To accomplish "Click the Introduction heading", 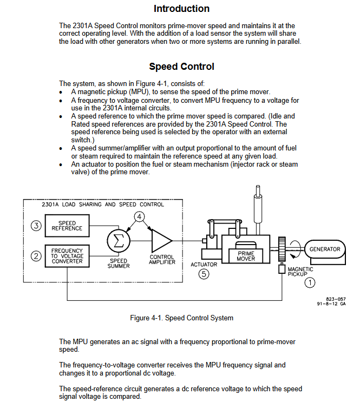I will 181,9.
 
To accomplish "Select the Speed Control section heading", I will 181,67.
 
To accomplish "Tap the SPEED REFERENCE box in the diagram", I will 67,226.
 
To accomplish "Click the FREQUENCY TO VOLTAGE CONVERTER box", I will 67,256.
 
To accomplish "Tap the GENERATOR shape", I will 325,249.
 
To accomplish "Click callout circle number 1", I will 310,282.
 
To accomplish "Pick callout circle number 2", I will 36,256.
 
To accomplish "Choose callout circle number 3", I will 36,226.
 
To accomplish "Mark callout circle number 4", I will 139,217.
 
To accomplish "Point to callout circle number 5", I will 204,274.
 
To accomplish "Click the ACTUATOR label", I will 204,265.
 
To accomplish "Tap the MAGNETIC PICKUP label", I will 300,272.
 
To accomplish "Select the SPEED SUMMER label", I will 119,264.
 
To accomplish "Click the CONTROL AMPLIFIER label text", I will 162,260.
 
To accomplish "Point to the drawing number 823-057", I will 336,299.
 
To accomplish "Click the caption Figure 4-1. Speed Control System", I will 181,318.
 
